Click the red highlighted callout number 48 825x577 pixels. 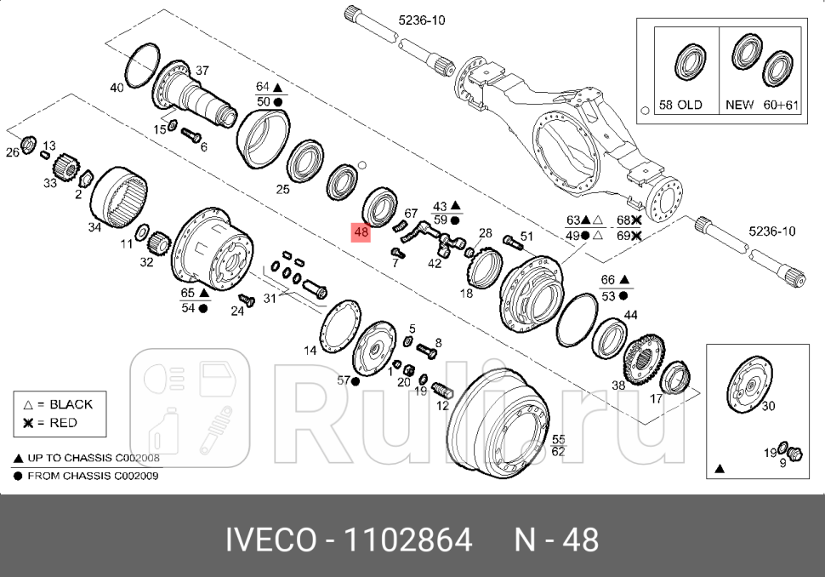[x=361, y=231]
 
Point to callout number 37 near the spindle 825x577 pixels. [x=202, y=71]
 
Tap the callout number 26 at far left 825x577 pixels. [x=12, y=153]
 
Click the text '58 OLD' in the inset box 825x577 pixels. [x=681, y=105]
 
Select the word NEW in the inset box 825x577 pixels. [x=739, y=105]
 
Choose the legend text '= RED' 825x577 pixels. [x=57, y=423]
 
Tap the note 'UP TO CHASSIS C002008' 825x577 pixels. [x=94, y=458]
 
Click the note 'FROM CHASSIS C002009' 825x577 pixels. [x=93, y=476]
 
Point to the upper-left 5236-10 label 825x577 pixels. [x=422, y=20]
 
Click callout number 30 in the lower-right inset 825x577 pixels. [x=768, y=406]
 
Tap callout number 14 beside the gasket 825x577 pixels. [x=310, y=350]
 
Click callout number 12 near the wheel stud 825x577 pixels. [x=442, y=406]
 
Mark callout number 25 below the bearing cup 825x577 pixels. [x=282, y=189]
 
